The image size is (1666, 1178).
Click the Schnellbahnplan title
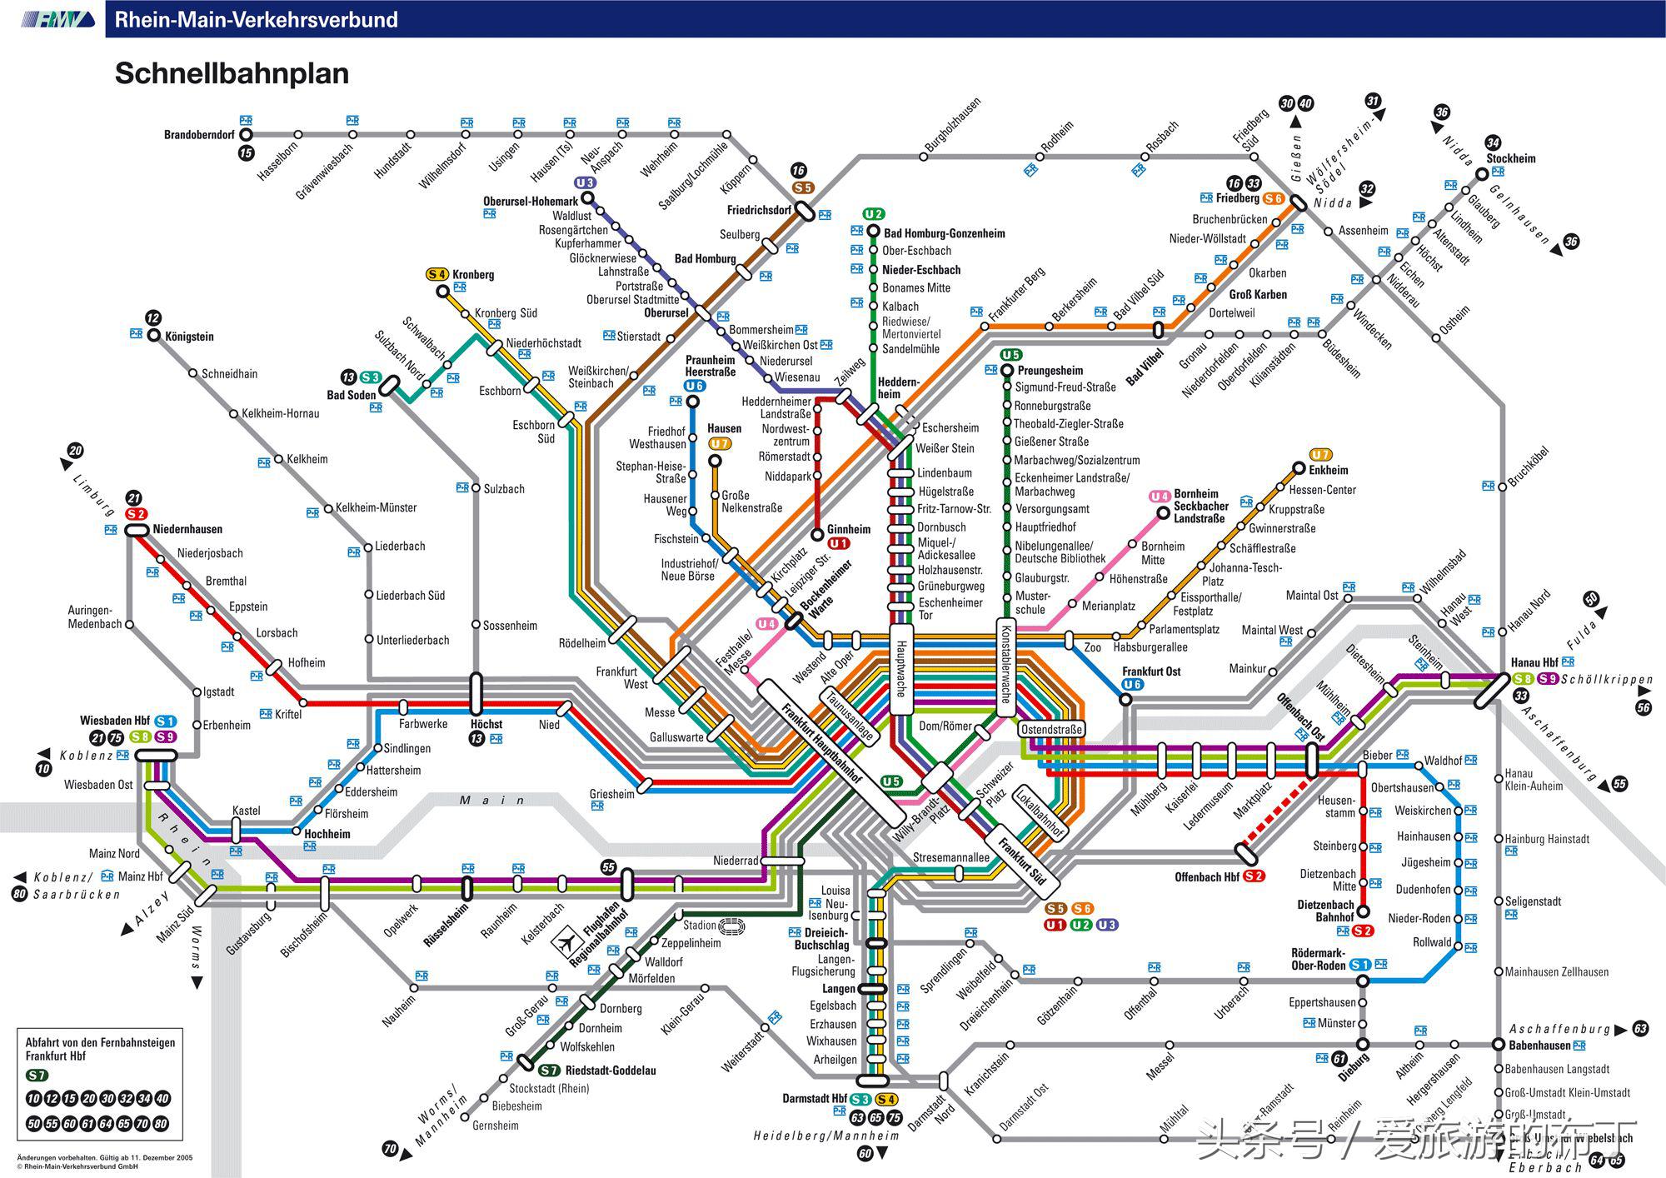click(232, 73)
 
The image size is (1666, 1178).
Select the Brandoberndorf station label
click(199, 135)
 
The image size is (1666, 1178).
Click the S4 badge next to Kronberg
click(437, 274)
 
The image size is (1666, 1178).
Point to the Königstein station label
click(189, 337)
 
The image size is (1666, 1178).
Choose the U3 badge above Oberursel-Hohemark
click(585, 182)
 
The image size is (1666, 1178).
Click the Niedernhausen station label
click(187, 529)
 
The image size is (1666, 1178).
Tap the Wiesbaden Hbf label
click(115, 721)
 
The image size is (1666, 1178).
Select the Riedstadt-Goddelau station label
click(611, 1071)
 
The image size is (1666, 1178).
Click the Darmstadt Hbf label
click(815, 1099)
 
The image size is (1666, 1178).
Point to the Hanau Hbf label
click(1534, 663)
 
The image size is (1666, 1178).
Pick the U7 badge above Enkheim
click(1320, 455)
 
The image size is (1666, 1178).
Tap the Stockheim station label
click(1511, 158)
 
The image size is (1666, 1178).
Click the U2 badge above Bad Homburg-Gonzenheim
click(873, 214)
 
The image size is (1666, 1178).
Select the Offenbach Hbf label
click(1207, 876)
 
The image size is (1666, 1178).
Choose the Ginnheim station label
click(849, 529)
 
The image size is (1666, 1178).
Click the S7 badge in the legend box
click(37, 1076)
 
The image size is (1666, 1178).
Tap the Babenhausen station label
click(1539, 1046)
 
